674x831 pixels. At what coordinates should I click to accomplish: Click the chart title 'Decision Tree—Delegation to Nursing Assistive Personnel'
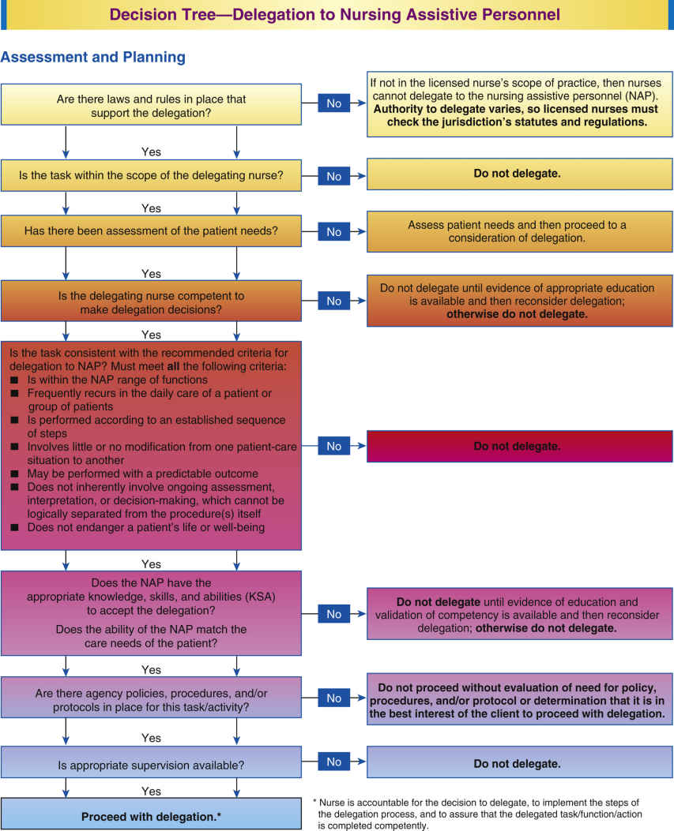point(335,14)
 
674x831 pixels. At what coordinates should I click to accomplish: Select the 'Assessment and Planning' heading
point(93,57)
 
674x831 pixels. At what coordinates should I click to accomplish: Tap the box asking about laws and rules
point(152,105)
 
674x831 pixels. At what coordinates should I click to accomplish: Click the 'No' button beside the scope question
point(334,176)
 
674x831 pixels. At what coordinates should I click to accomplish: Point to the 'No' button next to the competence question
point(334,301)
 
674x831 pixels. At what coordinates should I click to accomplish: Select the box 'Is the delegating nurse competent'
point(152,301)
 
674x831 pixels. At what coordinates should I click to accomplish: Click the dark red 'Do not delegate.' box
point(518,446)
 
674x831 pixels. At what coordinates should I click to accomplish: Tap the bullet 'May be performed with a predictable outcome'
point(142,474)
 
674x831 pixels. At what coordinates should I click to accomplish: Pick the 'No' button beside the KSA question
point(334,614)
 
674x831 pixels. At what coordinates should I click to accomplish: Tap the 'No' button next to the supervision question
point(334,763)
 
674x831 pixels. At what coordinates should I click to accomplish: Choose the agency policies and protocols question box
point(152,698)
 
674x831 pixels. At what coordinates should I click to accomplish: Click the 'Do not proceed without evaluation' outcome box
point(518,698)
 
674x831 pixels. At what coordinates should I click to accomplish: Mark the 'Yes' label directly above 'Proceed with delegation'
point(151,791)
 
